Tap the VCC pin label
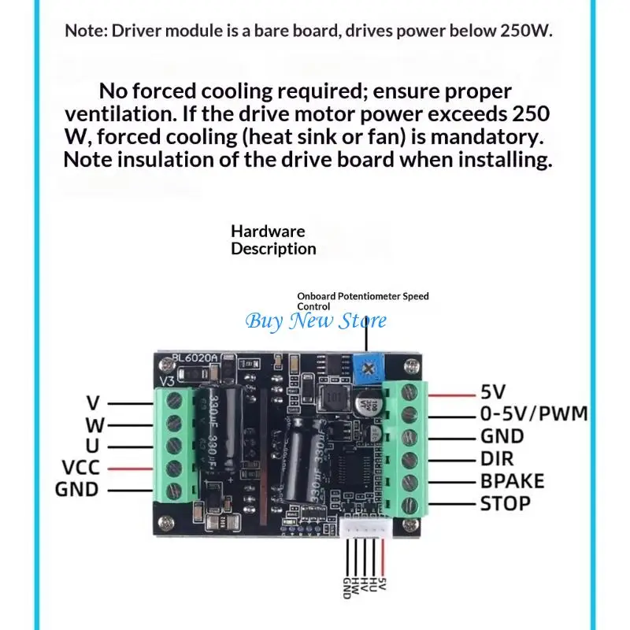click(x=81, y=469)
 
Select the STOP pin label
click(x=506, y=502)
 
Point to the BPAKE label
click(x=513, y=480)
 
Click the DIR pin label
click(x=498, y=458)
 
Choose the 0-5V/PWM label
click(x=534, y=413)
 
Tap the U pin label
click(x=92, y=447)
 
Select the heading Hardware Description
click(x=273, y=240)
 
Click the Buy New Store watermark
click(x=316, y=321)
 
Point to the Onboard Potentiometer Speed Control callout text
click(x=362, y=301)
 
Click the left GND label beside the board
click(x=76, y=490)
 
